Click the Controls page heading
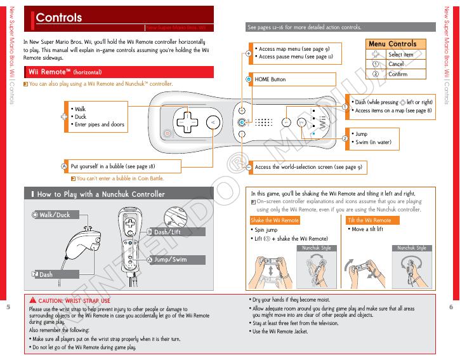point(59,18)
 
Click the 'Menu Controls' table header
point(392,44)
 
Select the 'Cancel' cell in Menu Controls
point(396,64)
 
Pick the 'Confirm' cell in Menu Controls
point(398,74)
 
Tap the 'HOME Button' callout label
point(270,79)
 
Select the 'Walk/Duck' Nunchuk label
point(55,215)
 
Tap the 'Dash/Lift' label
point(167,232)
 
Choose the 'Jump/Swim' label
point(170,260)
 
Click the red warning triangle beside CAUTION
point(32,300)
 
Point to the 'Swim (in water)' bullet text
point(373,142)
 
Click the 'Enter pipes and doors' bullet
point(99,124)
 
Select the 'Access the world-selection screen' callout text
point(308,167)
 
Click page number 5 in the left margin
point(8,307)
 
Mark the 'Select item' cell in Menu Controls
point(400,55)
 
